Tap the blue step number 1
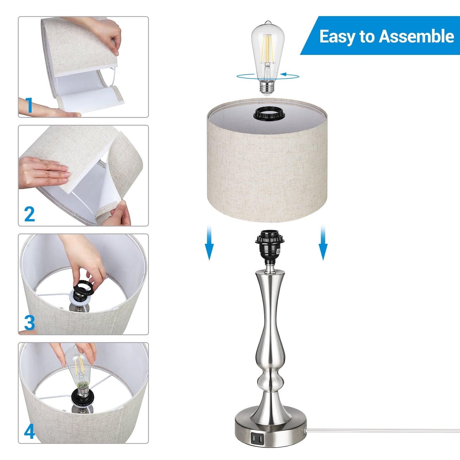click(29, 105)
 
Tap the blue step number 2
click(29, 214)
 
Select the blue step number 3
click(29, 323)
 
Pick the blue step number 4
click(29, 431)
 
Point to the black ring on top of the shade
click(267, 114)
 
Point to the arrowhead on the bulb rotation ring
click(284, 74)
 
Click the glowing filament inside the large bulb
click(267, 49)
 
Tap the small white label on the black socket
click(279, 251)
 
